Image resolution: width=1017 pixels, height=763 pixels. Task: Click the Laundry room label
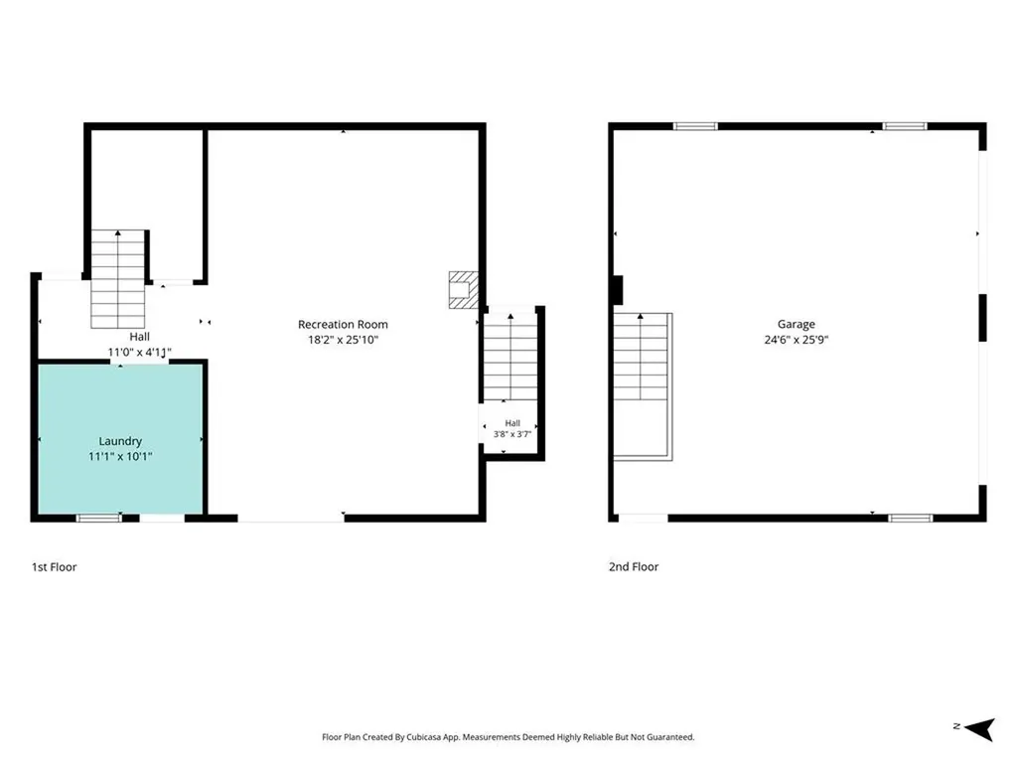coord(120,441)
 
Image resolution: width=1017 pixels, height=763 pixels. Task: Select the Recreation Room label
coord(343,325)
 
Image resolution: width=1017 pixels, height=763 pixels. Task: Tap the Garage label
coord(796,325)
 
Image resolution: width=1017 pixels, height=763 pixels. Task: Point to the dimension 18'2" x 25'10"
coord(343,340)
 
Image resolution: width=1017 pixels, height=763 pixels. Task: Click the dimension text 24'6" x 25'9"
coord(796,340)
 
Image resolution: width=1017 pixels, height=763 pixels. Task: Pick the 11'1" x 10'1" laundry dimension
coord(120,457)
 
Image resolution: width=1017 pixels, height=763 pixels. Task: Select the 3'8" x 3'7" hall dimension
coord(512,434)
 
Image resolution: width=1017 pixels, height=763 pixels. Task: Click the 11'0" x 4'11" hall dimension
coord(139,353)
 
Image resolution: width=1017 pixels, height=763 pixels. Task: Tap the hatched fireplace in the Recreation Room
coord(464,290)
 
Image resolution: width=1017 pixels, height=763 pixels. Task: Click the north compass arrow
coord(979,728)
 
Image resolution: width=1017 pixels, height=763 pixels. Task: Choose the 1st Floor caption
coord(55,567)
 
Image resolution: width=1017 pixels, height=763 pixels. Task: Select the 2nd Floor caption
coord(634,567)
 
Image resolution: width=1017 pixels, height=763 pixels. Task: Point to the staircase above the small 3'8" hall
coord(510,357)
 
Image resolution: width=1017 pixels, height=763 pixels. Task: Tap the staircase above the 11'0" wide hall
coord(118,279)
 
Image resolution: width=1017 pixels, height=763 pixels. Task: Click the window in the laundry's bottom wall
coord(98,518)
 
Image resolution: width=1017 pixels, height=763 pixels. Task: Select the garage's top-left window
coord(695,126)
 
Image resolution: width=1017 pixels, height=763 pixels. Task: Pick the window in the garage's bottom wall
coord(911,518)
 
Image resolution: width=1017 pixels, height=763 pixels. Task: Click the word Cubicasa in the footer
coord(425,737)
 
